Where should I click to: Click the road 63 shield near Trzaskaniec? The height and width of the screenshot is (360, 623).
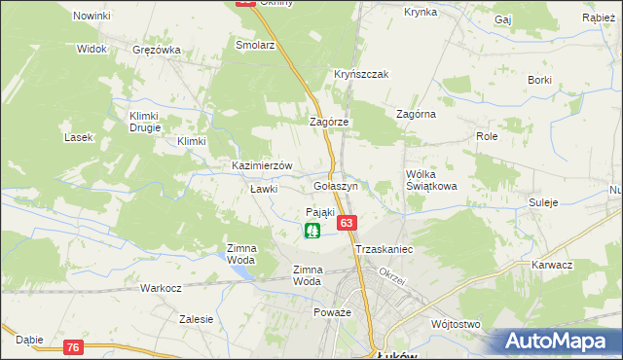(x=346, y=223)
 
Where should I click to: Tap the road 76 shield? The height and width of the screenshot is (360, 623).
(x=74, y=347)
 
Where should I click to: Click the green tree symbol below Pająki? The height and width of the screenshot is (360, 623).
(x=312, y=231)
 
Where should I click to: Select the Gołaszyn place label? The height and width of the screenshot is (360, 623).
(x=337, y=185)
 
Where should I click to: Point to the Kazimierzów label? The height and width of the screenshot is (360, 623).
(x=262, y=165)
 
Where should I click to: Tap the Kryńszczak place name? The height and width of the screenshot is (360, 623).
(x=362, y=74)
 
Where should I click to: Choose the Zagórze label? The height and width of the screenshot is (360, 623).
(x=329, y=122)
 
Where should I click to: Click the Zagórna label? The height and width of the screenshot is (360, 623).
(x=416, y=114)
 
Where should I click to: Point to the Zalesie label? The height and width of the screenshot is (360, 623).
(x=196, y=318)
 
